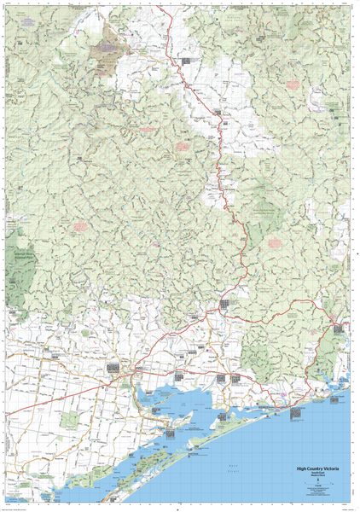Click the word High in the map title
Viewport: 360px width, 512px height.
tap(303, 468)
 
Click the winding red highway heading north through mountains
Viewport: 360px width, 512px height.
tap(224, 171)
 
